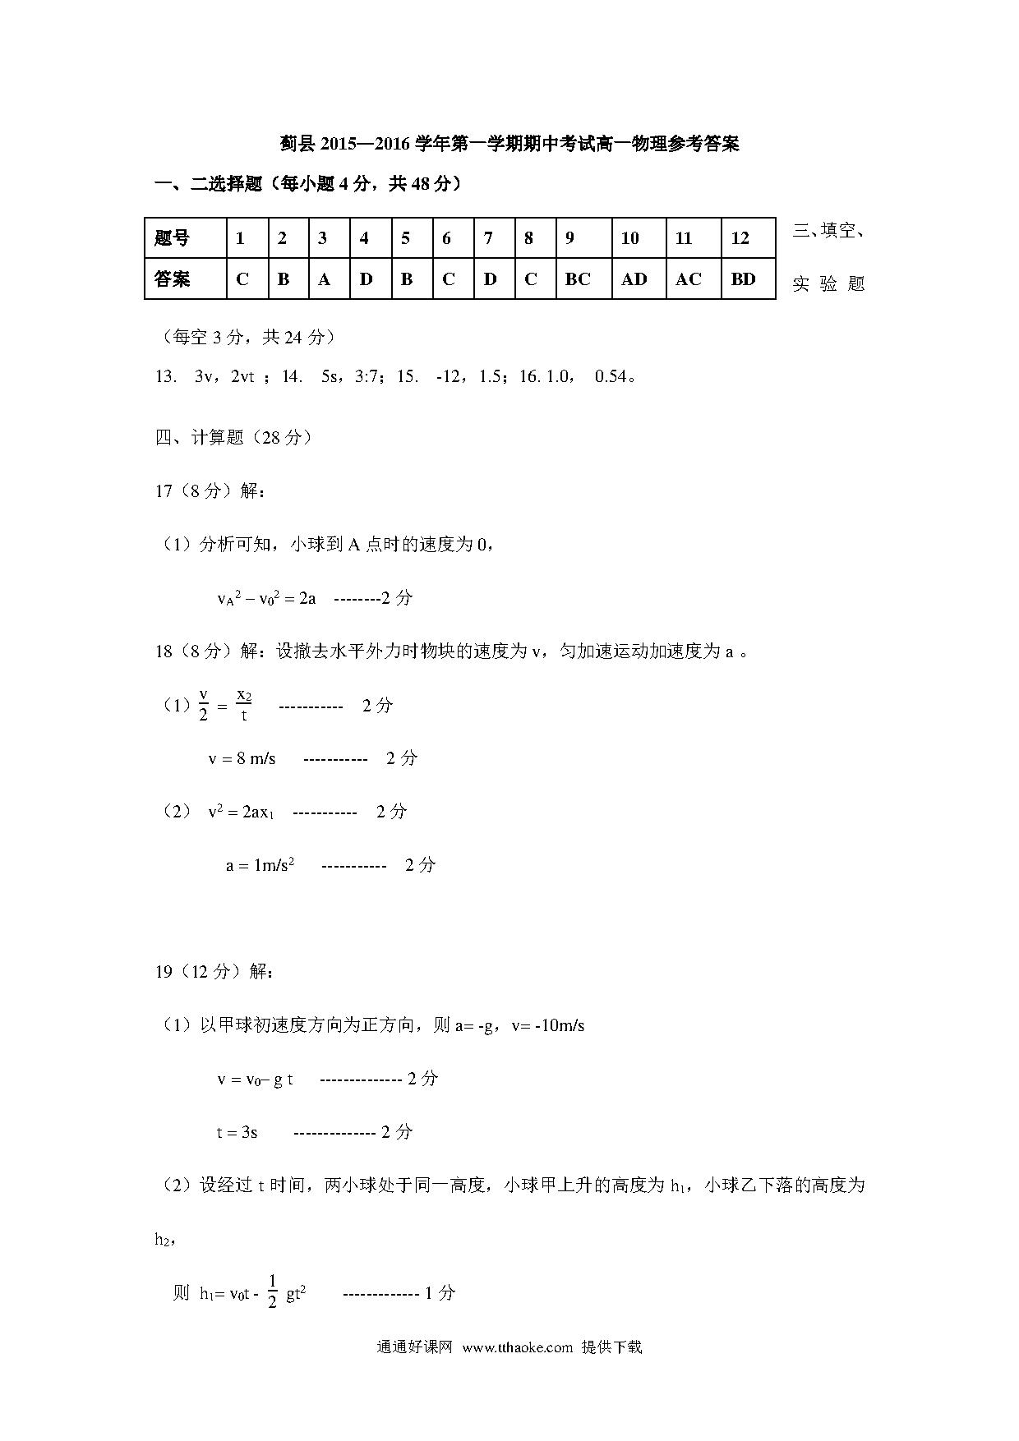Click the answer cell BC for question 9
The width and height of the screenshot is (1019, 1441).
click(x=578, y=279)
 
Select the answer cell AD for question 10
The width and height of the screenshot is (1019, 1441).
click(x=634, y=279)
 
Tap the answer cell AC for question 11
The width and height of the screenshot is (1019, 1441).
click(x=689, y=279)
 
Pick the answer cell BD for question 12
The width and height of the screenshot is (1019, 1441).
click(x=743, y=279)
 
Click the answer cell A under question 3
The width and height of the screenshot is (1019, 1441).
click(x=324, y=279)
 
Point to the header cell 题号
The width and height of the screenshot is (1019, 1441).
click(x=173, y=238)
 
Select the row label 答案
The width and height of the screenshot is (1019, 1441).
click(x=173, y=279)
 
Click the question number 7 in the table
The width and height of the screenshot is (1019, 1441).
click(x=488, y=238)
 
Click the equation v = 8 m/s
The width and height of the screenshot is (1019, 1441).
click(x=242, y=758)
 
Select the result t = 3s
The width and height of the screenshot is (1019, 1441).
click(x=237, y=1132)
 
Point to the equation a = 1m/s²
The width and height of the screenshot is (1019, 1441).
click(x=261, y=865)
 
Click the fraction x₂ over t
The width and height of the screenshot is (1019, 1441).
click(x=244, y=705)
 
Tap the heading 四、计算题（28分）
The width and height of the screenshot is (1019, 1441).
click(x=234, y=437)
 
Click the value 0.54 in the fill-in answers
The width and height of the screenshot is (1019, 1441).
click(x=611, y=376)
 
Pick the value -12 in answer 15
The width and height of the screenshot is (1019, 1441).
click(x=448, y=376)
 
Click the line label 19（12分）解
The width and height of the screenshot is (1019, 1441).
click(x=214, y=972)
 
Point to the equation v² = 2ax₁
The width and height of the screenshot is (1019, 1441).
click(x=241, y=812)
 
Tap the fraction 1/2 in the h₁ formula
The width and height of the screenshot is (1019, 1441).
click(x=273, y=1292)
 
